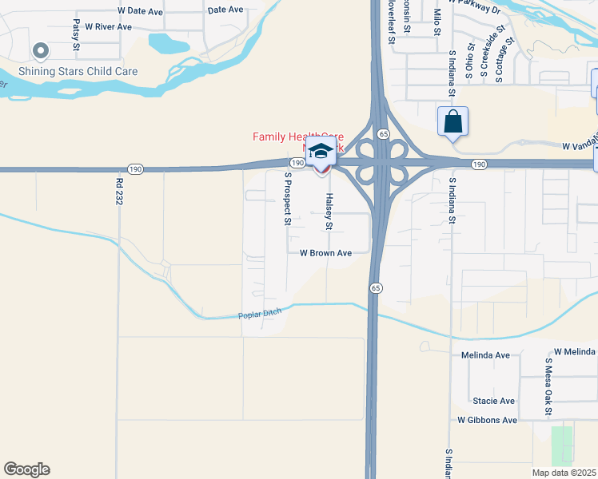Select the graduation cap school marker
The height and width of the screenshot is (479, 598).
(321, 151)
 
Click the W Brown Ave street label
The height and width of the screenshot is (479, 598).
(325, 253)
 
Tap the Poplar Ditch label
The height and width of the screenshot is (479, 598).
(261, 315)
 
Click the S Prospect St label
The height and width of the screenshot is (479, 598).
(286, 199)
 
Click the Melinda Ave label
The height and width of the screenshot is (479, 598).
(485, 355)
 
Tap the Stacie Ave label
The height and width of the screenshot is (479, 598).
(494, 401)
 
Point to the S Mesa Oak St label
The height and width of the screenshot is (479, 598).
(549, 386)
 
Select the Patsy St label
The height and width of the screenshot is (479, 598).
(76, 35)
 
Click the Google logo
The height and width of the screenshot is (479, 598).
(26, 469)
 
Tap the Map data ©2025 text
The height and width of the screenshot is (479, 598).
(564, 473)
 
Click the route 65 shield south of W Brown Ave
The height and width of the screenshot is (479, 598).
(375, 287)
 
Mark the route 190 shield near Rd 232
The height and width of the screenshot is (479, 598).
(135, 169)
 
